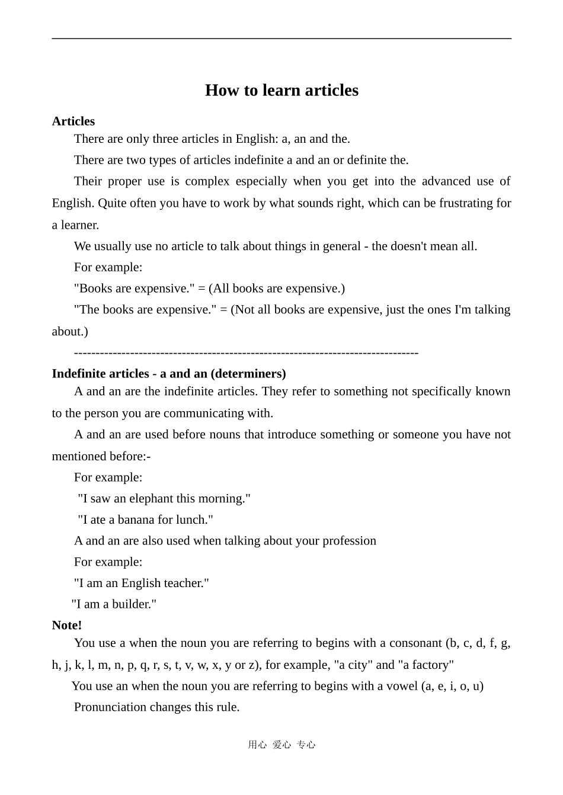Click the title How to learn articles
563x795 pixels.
(281, 90)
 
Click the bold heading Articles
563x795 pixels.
(73, 121)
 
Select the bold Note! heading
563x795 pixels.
(67, 626)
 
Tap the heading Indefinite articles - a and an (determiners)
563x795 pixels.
(169, 374)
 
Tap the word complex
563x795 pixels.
(207, 181)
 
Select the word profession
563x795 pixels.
(349, 541)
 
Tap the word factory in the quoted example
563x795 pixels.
(428, 665)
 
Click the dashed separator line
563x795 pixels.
(246, 353)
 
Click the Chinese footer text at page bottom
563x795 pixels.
(281, 745)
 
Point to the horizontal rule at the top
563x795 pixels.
(281, 39)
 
